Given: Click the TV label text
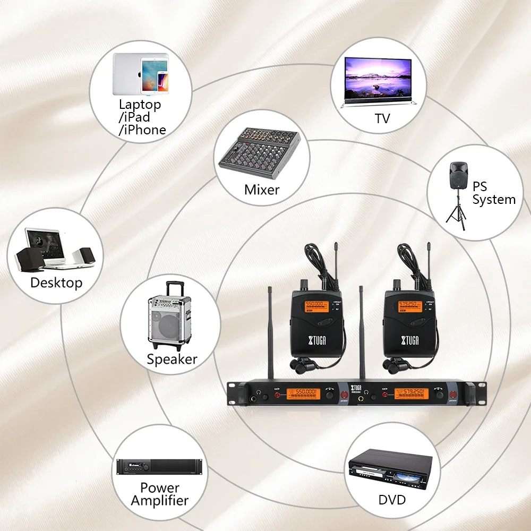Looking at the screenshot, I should pos(382,118).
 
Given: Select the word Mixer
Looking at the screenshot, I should pos(262,189).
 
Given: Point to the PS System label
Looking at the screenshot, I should pos(494,193).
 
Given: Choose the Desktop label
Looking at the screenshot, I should pos(56,282).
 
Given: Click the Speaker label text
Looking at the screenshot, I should pos(172,359).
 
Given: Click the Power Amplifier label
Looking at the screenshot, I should pos(159,494).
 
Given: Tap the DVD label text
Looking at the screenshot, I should pos(392,499).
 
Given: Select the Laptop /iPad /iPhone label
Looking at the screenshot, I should pos(141,117).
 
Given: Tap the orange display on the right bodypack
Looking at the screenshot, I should pos(409,306).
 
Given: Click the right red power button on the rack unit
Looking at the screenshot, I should pos(455,395).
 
